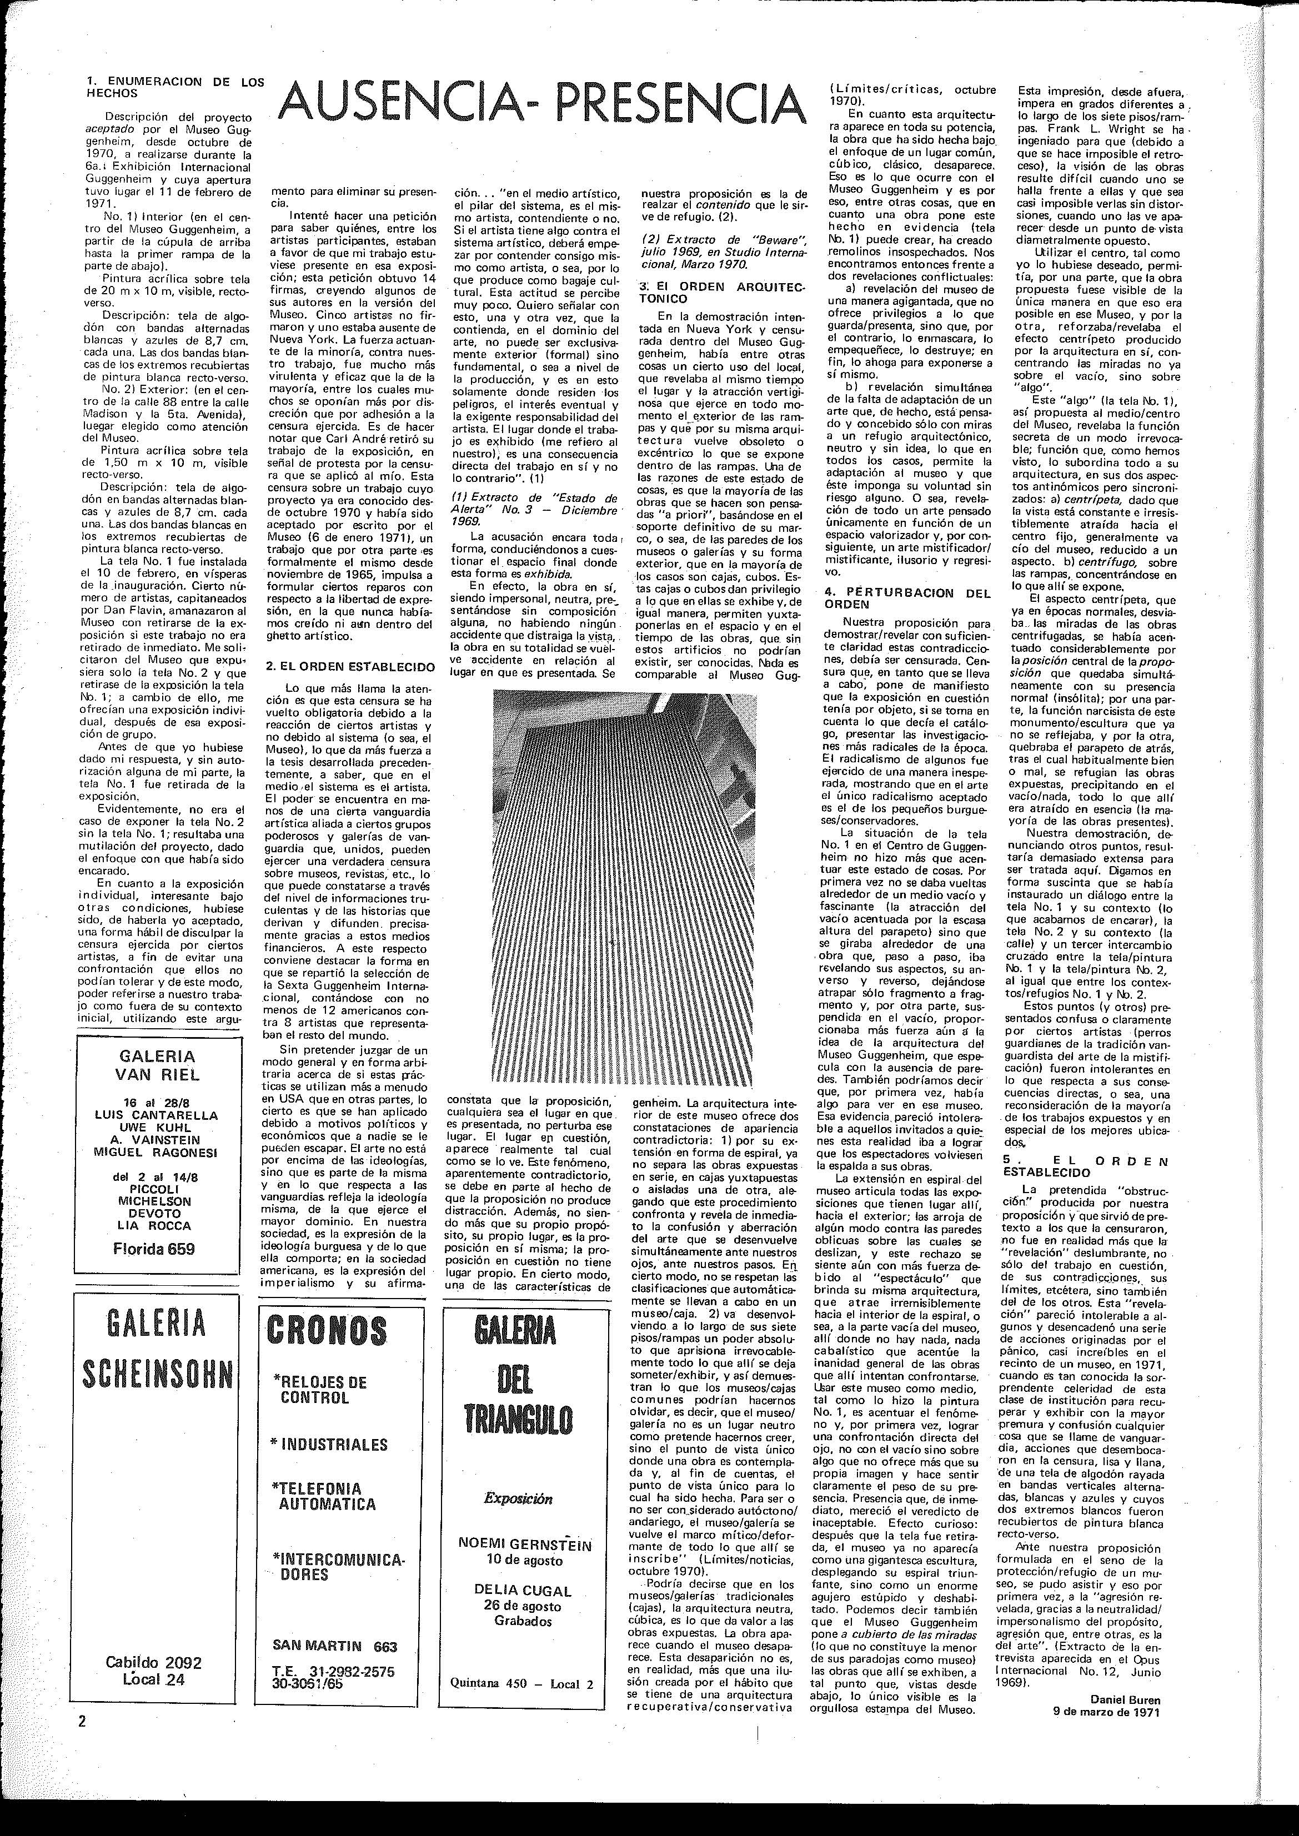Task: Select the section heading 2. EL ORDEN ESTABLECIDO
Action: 350,666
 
